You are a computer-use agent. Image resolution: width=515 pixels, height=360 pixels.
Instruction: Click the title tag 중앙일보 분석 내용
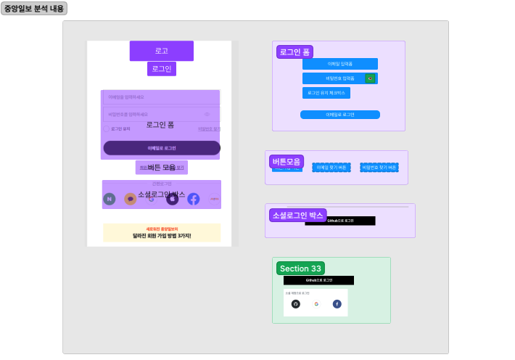34,9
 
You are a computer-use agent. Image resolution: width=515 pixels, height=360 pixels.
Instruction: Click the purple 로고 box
162,51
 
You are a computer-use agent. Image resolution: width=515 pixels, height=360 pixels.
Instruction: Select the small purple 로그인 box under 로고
162,69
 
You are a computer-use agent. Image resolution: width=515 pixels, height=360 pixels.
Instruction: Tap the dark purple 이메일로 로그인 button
162,148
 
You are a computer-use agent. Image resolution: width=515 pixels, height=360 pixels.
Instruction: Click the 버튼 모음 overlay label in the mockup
162,168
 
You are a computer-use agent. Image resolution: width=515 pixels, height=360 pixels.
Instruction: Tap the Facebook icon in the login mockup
194,199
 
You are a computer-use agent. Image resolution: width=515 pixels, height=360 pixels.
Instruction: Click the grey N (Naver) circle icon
110,199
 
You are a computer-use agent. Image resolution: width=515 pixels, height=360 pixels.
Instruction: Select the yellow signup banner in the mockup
162,232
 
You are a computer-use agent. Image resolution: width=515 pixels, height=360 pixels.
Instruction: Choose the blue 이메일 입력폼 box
339,64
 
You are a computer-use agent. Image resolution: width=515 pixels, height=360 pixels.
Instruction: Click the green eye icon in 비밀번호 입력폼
370,78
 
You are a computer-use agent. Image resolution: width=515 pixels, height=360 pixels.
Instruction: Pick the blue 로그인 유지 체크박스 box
326,93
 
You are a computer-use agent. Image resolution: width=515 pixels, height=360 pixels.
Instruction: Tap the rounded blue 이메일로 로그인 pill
339,115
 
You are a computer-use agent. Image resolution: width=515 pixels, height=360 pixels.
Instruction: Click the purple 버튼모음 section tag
287,161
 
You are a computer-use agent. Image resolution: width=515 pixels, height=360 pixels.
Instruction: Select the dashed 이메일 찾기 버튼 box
331,168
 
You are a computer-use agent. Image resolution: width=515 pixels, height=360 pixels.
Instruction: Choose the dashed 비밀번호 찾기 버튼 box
379,168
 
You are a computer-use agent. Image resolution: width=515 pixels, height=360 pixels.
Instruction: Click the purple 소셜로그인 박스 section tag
297,215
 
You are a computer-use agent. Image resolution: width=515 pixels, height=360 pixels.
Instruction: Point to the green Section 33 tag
300,269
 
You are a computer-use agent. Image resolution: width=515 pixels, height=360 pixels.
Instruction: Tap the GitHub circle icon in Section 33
295,303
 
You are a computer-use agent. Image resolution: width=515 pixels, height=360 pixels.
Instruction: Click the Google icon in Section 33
316,303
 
